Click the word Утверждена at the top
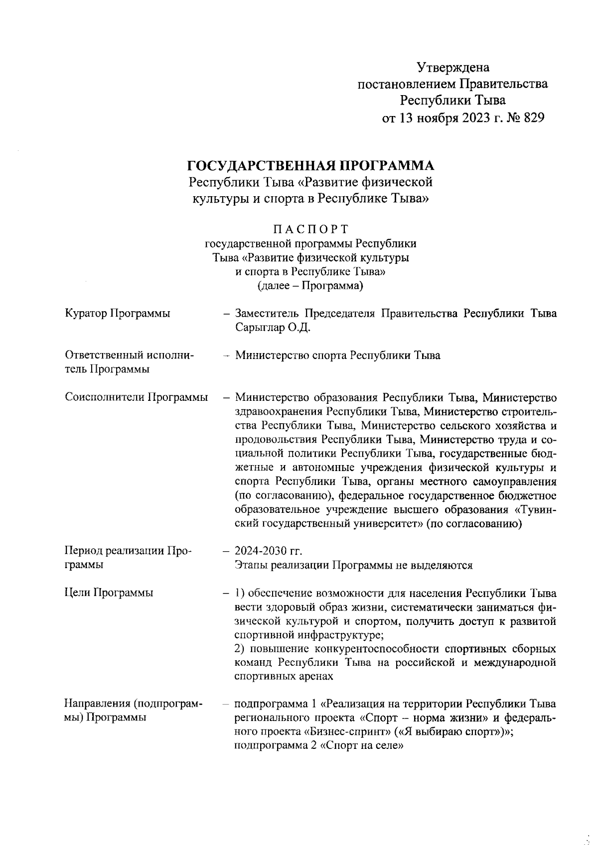click(453, 67)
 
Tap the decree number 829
click(533, 118)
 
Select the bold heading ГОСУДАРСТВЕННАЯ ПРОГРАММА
click(310, 165)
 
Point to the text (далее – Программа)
click(310, 286)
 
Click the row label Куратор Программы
click(117, 314)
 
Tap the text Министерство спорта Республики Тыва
click(337, 356)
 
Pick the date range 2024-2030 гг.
click(268, 551)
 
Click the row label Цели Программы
click(109, 593)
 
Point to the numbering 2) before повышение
click(240, 649)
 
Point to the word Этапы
click(249, 565)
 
